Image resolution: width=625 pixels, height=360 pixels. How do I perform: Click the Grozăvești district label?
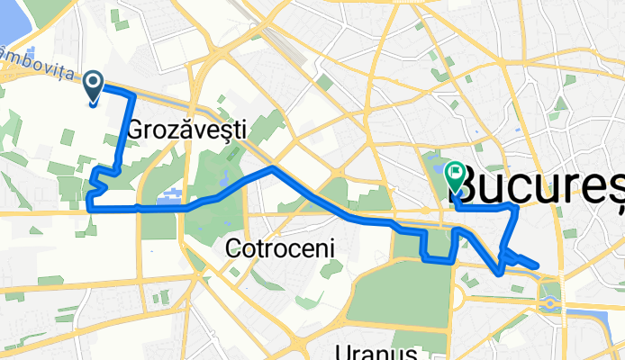coord(186,130)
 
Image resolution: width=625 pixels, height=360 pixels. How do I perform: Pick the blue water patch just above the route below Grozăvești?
coord(168,195)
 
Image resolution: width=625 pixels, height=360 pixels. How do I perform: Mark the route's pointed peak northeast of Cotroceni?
coord(271,167)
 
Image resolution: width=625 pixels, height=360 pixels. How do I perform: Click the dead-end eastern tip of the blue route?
coord(537,265)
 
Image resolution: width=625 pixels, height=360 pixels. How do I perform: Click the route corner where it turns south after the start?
coord(133,94)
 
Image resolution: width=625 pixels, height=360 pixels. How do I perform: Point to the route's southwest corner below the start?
coord(88,207)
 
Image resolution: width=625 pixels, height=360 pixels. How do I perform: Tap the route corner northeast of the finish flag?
coord(514,207)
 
